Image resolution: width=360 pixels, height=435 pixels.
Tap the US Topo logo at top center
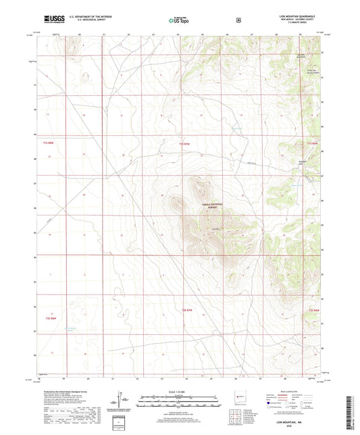click(x=176, y=20)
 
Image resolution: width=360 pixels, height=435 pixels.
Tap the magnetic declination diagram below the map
click(x=122, y=400)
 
